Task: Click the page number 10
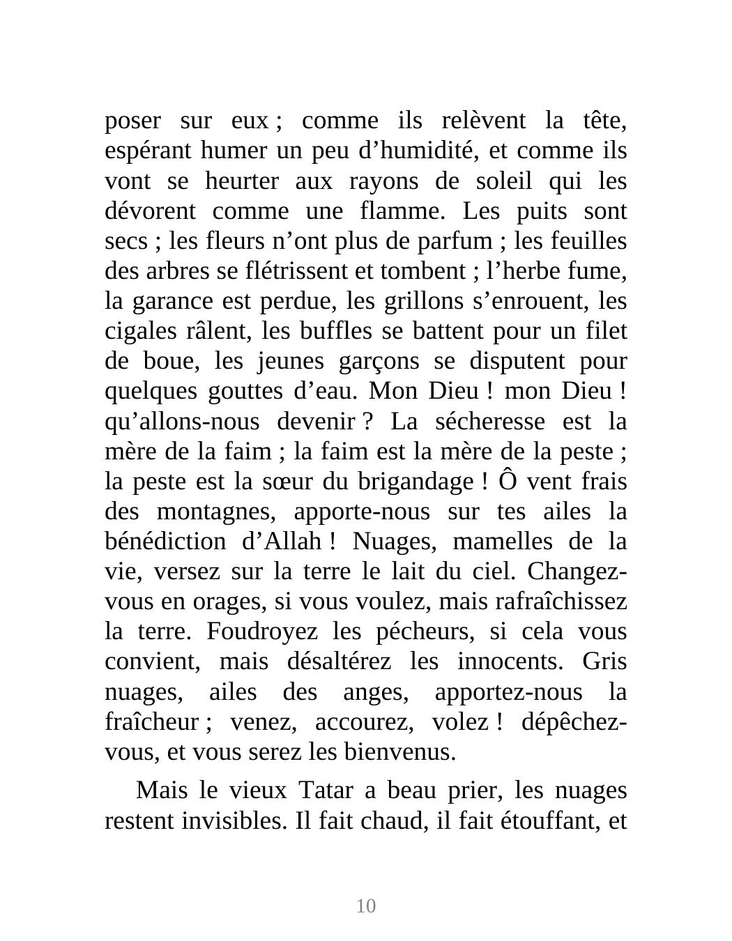(366, 905)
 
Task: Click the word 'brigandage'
(415, 482)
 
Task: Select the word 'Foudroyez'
(262, 632)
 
